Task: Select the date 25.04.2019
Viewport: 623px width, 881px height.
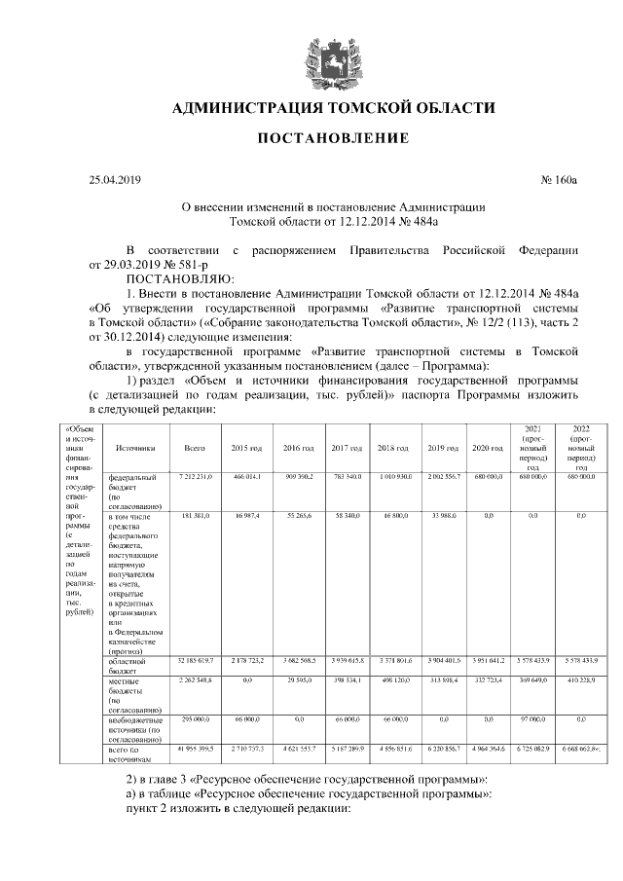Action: click(x=115, y=180)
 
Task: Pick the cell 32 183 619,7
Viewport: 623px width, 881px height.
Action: click(x=195, y=660)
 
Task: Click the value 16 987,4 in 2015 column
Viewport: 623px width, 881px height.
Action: click(x=246, y=511)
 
